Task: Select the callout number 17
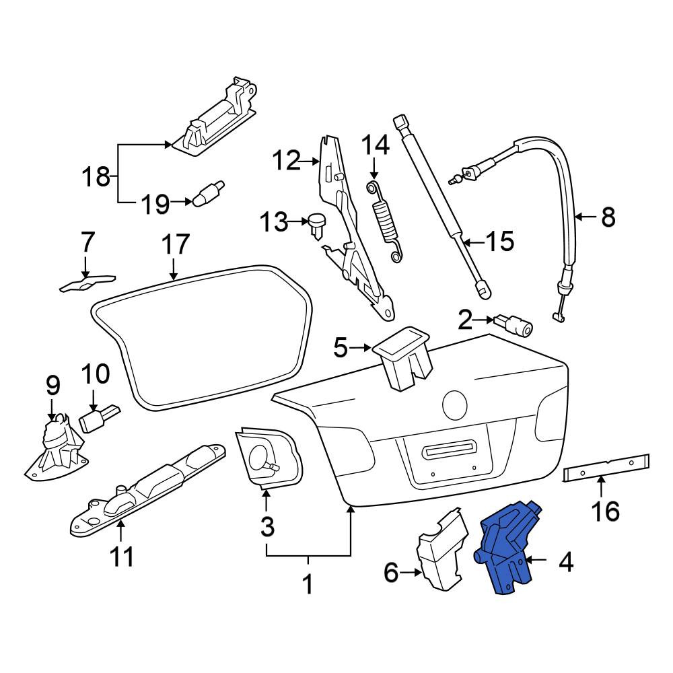click(x=175, y=244)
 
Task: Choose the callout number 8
click(x=608, y=217)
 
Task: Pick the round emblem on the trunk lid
click(x=454, y=404)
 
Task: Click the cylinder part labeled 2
click(x=513, y=326)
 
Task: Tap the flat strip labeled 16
click(x=606, y=468)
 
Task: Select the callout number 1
click(x=308, y=583)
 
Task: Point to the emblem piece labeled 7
click(x=87, y=282)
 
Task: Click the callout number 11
click(x=121, y=556)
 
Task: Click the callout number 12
click(x=287, y=161)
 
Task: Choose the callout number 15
click(x=499, y=241)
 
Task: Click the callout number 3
click(x=267, y=526)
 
